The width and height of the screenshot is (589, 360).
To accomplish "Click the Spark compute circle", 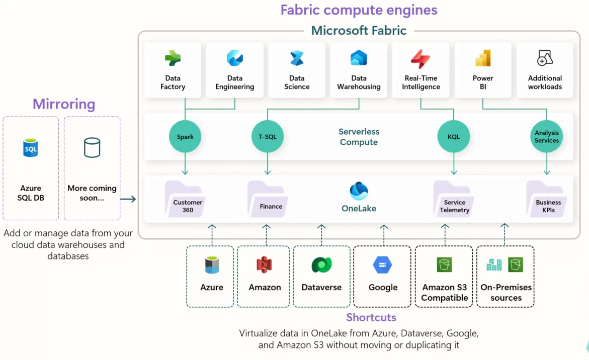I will click(185, 137).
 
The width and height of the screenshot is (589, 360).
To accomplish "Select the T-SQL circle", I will click(267, 137).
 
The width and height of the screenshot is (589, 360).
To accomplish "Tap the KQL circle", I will click(453, 137).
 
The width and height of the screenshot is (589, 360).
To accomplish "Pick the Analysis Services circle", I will click(546, 137).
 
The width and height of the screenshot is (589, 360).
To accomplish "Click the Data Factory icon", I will click(173, 59).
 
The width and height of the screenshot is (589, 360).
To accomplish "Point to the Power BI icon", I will click(483, 59).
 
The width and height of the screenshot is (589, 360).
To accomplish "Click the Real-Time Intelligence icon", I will click(420, 59).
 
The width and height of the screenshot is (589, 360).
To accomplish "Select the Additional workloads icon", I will click(545, 58).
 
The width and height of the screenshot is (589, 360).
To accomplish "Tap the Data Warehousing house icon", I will click(359, 59).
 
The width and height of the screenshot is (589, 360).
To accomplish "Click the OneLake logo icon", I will click(359, 192).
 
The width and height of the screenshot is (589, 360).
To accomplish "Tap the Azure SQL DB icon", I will click(31, 148).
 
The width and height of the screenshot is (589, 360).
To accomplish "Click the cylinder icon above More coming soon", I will click(92, 147).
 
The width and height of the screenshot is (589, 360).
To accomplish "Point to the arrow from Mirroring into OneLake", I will click(128, 199).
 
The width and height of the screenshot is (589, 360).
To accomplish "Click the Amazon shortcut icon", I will click(265, 264).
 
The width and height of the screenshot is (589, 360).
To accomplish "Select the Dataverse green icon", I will click(321, 264).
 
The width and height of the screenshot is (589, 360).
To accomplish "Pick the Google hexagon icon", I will click(383, 264).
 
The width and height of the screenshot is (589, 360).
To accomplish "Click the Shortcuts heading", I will click(371, 317).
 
